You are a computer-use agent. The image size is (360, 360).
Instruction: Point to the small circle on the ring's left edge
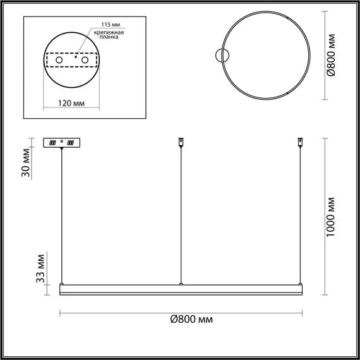pyautogui.click(x=222, y=56)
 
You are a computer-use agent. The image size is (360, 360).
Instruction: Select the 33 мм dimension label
pyautogui.click(x=40, y=268)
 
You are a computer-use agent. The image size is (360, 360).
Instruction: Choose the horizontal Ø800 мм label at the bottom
pyautogui.click(x=191, y=320)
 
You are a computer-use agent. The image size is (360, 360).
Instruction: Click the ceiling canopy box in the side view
pyautogui.click(x=61, y=143)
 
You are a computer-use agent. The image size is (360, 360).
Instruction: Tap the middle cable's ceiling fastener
pyautogui.click(x=181, y=141)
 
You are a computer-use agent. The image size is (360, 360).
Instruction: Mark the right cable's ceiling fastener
pyautogui.click(x=299, y=141)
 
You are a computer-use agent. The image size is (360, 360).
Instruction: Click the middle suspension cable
pyautogui.click(x=181, y=215)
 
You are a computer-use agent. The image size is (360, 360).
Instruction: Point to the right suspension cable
pyautogui.click(x=299, y=215)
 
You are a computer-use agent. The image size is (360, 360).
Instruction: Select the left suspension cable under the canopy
pyautogui.click(x=61, y=215)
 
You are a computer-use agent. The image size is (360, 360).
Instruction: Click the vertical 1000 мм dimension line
pyautogui.click(x=325, y=216)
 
